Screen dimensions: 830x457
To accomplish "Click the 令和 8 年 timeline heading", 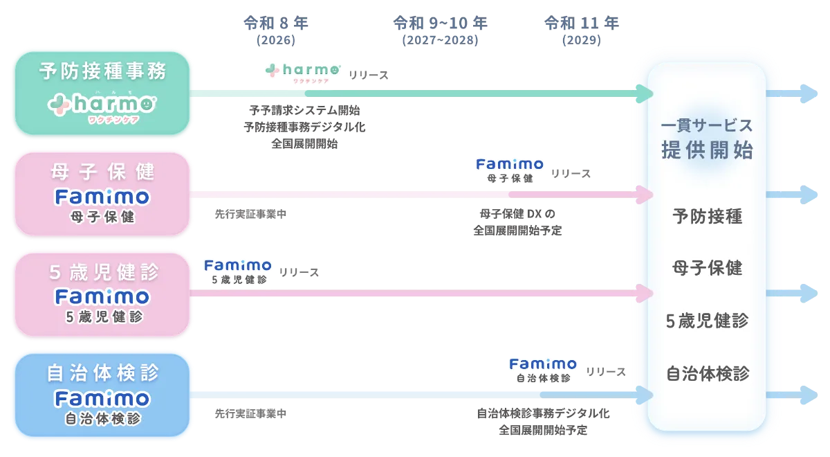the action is tap(276, 23).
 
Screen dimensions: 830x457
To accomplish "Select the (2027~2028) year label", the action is tap(440, 40).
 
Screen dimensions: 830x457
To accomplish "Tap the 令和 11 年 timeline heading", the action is tap(582, 23).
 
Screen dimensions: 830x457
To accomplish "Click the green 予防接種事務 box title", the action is tap(102, 71).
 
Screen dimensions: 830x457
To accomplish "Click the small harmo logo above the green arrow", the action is tap(303, 73).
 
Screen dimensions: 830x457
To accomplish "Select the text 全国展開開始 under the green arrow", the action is tap(304, 143).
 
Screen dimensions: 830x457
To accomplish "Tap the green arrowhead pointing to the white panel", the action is tap(645, 93).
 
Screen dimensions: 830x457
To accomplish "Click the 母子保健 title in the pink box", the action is tap(102, 172).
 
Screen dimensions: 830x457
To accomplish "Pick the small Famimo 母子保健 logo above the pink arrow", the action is tap(510, 170).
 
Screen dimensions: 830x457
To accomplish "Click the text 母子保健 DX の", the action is tap(517, 214).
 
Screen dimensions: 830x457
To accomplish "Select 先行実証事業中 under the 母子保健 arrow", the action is tap(250, 214).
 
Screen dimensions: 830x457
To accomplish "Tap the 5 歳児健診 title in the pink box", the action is tap(104, 272).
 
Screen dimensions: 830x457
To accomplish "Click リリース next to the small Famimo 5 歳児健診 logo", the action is tap(299, 273).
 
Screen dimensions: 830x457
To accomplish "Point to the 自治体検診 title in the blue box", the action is tap(103, 373).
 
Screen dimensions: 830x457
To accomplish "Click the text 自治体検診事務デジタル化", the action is tap(543, 413).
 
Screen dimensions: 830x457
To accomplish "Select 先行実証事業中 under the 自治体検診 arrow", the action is tap(250, 413).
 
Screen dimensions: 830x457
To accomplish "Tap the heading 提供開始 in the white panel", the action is tap(707, 150).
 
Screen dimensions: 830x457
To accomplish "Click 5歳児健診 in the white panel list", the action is tap(707, 321).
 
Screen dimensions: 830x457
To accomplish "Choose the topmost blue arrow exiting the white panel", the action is tap(791, 93).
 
